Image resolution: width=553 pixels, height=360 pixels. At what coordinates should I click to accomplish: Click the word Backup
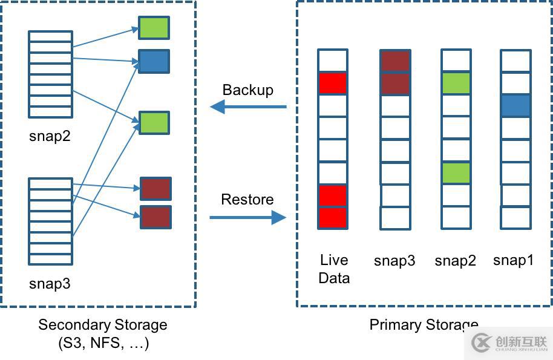pos(248,90)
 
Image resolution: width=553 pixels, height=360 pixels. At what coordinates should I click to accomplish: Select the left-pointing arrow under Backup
pos(248,107)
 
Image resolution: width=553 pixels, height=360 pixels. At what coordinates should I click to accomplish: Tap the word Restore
pos(247,200)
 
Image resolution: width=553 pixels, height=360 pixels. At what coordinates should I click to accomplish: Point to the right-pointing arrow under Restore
pos(248,217)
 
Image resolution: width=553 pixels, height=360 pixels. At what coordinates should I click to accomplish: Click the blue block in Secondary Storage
pos(154,62)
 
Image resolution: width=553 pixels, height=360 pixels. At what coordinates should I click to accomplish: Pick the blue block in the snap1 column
pos(515,106)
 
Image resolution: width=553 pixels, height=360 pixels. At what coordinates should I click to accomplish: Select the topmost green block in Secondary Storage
pos(154,28)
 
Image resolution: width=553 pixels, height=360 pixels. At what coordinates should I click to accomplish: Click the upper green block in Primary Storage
pos(456,83)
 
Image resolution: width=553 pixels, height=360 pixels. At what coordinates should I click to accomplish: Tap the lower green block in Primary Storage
pos(456,173)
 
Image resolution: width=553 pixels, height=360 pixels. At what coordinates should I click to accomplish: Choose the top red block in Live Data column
pos(333,83)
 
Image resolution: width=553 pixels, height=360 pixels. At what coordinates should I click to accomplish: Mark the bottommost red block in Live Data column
pos(333,218)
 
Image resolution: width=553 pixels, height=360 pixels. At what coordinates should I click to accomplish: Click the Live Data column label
pos(334,269)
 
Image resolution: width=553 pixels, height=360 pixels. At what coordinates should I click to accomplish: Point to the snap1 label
pos(514,260)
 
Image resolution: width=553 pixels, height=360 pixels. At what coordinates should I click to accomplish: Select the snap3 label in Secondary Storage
pos(50,284)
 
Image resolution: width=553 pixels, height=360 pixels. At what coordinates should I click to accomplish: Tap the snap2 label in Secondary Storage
pos(50,136)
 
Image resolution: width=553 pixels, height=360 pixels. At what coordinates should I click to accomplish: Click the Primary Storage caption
pos(424,325)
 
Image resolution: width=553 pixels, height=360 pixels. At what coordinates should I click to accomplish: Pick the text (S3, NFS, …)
pos(103,344)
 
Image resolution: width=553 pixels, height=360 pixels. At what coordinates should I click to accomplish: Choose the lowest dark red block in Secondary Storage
pos(155,217)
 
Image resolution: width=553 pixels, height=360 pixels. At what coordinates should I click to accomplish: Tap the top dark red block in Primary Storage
pos(395,61)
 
